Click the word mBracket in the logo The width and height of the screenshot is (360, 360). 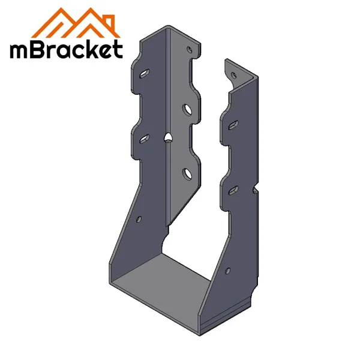click(x=66, y=49)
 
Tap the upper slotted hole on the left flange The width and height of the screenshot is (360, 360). click(x=144, y=75)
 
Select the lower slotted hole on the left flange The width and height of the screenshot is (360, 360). click(x=144, y=138)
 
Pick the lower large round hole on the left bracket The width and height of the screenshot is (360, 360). click(x=188, y=174)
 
